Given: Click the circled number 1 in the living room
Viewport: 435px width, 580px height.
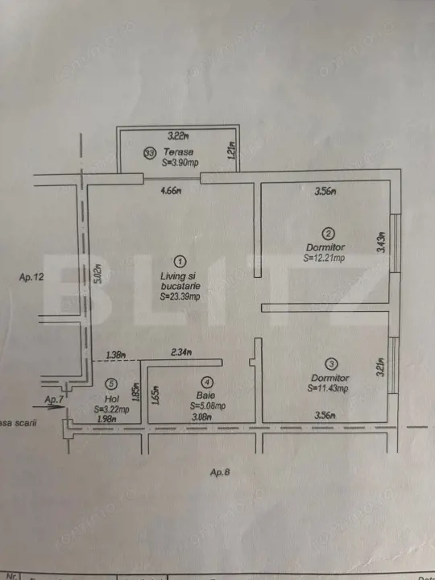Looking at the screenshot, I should click(180, 261).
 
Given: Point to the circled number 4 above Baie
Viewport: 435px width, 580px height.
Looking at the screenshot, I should click(207, 383).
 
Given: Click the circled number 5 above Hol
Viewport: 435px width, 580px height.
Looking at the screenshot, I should click(111, 383).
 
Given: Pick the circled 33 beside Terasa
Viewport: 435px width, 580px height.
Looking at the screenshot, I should click(149, 151).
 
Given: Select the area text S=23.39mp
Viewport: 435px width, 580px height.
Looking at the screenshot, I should click(180, 297).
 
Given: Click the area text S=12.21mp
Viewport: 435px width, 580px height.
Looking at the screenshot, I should click(325, 259).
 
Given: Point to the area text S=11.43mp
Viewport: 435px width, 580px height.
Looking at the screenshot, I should click(327, 389).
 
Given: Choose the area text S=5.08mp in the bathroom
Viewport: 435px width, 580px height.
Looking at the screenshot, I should click(207, 406).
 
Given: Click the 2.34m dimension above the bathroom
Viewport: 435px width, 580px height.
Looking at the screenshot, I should click(182, 353).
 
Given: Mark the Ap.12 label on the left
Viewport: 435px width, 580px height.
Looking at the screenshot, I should click(30, 277).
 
